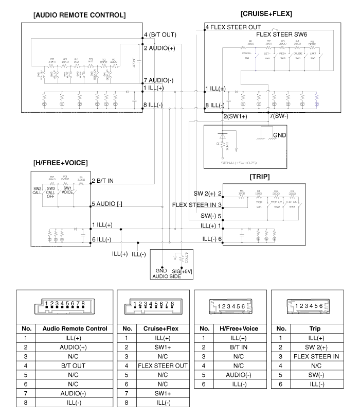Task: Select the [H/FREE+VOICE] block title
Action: [x=61, y=163]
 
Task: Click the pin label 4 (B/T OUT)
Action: [x=160, y=35]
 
